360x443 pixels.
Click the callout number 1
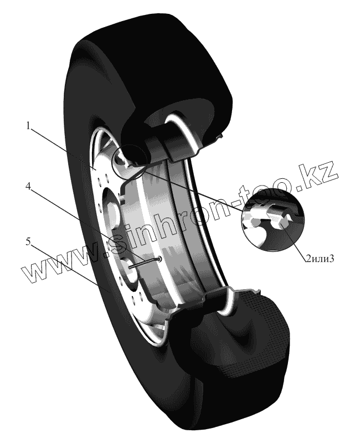[x=27, y=126]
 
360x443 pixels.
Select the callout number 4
[x=27, y=186]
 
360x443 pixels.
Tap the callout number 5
[x=27, y=241]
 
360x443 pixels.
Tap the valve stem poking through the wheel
[x=147, y=261]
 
